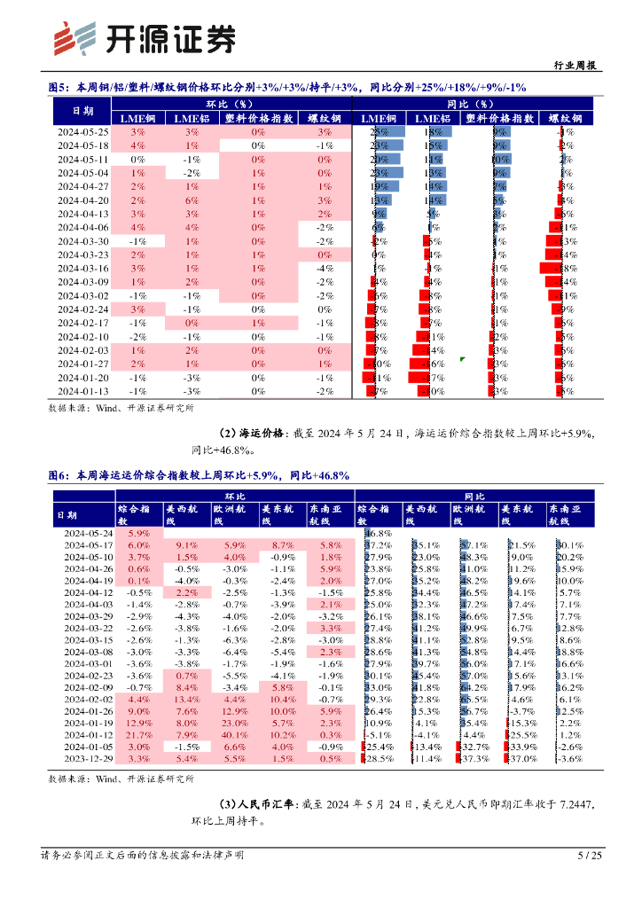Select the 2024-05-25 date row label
coord(82,131)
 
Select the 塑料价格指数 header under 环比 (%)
coord(257,118)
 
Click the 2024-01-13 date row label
coord(82,391)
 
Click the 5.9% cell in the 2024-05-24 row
coord(138,533)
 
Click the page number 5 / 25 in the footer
coord(590,856)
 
